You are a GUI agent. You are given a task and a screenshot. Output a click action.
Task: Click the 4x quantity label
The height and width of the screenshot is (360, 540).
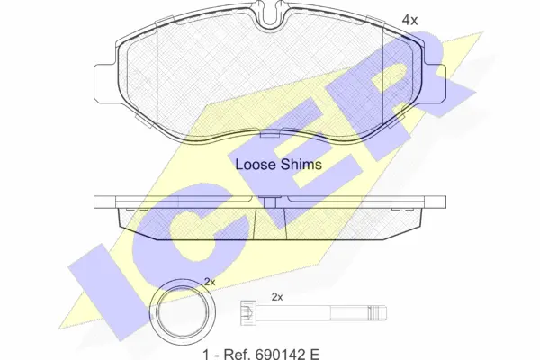coord(409,21)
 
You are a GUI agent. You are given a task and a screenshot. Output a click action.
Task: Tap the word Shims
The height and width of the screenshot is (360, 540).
coord(301,165)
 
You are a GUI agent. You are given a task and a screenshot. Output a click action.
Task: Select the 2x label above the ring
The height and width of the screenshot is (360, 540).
coord(210,282)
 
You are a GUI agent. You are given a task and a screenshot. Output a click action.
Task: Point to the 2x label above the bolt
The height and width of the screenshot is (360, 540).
coord(277,297)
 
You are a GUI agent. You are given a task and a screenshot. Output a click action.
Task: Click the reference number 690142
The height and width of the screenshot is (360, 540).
coord(280,354)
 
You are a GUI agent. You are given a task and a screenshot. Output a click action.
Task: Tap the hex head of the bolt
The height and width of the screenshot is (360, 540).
coord(247,313)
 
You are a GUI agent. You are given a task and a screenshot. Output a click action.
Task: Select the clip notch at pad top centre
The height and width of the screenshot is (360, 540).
coord(270,16)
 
